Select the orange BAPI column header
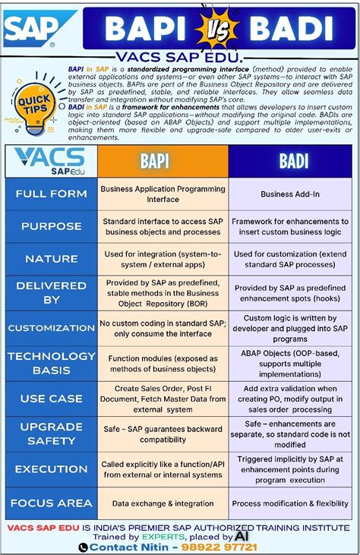coord(163,161)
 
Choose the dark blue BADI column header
coord(293,161)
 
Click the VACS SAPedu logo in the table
coord(50,161)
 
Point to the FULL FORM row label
coord(51,194)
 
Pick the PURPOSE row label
coord(51,226)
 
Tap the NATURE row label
coord(51,259)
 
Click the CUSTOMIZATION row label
coord(51,328)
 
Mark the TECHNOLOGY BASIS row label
coord(51,363)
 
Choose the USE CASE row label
coord(51,399)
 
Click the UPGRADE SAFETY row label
coord(51,434)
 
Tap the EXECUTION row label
coord(51,468)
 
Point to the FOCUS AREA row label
coord(51,503)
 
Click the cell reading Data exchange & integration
coord(162,503)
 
